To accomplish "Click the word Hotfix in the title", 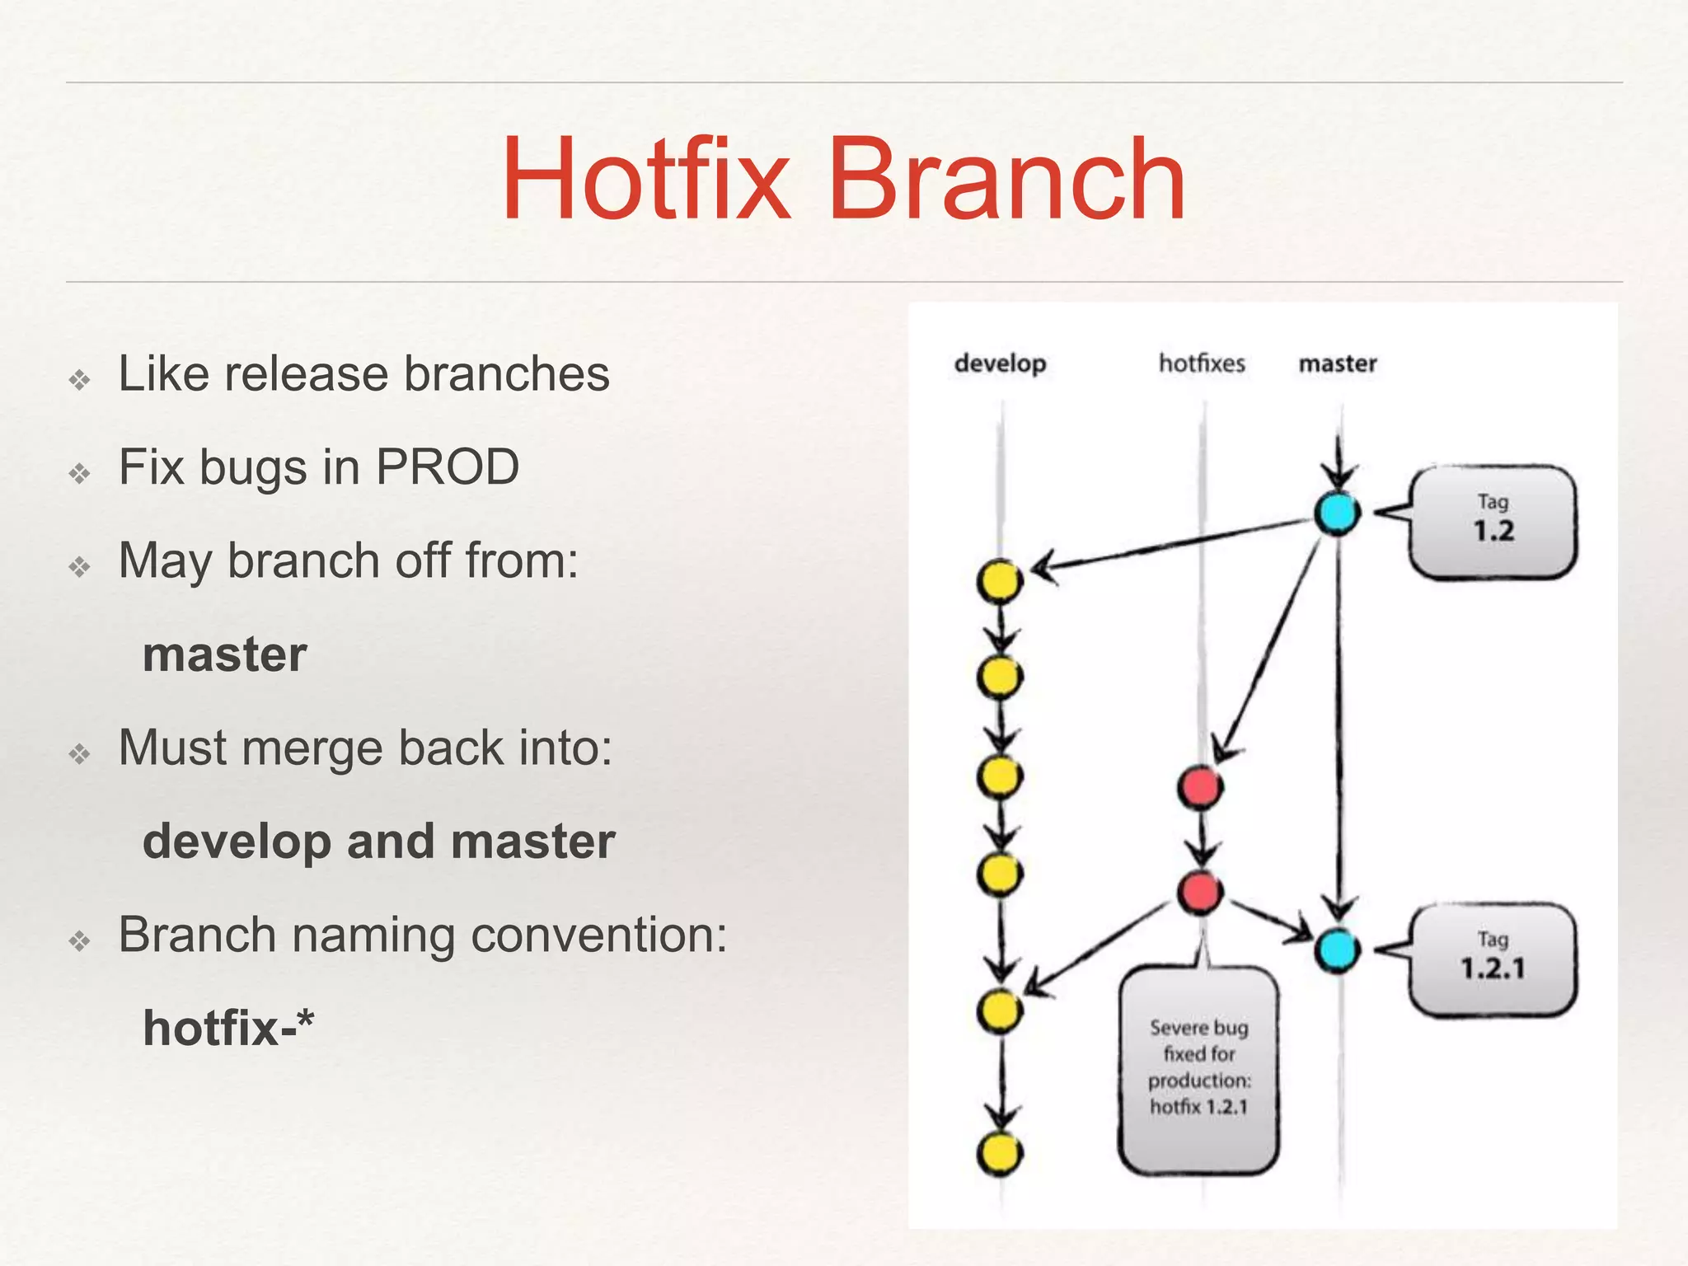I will click(645, 181).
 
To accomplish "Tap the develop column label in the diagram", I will click(1000, 363).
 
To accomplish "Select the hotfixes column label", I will click(1202, 363).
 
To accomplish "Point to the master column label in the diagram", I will click(1338, 363).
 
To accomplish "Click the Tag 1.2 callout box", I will click(1493, 522).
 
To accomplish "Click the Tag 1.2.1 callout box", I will click(1493, 959).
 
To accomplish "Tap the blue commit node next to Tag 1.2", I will click(1337, 513).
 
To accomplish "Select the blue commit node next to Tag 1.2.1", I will click(1337, 949).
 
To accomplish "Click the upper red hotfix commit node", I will click(1200, 786).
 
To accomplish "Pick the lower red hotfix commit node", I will click(1200, 891).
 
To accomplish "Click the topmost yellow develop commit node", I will click(1000, 581).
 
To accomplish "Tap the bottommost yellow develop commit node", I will click(1000, 1153).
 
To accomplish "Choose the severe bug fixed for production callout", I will click(1199, 1069).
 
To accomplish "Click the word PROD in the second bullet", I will click(448, 467).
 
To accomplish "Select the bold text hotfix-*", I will click(228, 1029).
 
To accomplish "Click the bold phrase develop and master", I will click(379, 842).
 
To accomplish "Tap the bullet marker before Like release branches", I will click(80, 380).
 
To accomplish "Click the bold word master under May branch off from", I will click(224, 654).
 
